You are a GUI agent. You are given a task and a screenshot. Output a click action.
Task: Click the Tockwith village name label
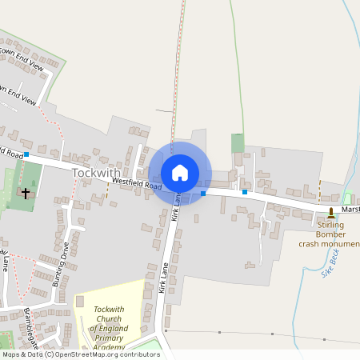coord(97,172)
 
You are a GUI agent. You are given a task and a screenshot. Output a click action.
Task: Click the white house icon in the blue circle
coord(180,173)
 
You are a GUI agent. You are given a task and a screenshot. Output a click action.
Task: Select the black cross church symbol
coord(26,194)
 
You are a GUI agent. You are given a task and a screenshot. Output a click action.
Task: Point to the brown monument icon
coord(332,211)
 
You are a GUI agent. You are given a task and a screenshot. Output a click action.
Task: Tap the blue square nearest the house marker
coord(203,194)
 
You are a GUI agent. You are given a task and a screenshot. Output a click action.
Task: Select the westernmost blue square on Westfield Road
coord(26,154)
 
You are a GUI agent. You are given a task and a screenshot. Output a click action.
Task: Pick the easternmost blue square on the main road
coord(245,192)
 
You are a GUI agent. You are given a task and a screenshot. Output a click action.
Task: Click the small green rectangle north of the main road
coord(238,143)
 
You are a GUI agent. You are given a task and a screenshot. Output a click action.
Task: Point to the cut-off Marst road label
coord(350,210)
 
